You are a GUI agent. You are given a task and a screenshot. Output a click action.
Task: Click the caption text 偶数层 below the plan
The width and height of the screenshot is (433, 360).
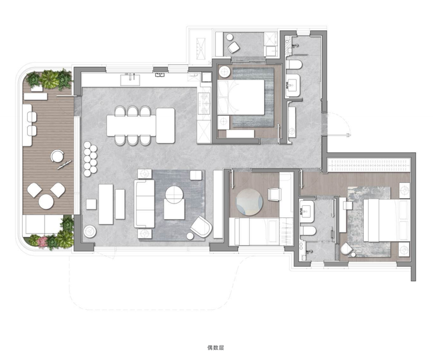click(215, 347)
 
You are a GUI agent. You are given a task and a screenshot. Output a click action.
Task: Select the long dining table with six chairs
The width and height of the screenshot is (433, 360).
click(132, 126)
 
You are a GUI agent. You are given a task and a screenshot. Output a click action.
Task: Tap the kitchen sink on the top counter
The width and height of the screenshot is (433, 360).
click(130, 79)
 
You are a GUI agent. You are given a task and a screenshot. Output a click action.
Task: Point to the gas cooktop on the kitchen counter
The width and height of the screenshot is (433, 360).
click(204, 104)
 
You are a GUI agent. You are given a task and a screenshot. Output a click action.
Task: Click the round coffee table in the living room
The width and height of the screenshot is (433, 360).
click(174, 194)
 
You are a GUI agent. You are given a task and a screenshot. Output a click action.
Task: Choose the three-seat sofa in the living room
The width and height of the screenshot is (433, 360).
click(144, 203)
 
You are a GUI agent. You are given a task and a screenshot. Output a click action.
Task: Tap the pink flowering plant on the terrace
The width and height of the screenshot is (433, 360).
click(43, 241)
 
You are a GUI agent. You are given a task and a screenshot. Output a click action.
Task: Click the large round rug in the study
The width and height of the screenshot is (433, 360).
click(250, 202)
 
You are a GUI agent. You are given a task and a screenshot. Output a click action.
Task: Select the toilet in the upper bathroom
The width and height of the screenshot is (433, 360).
click(294, 65)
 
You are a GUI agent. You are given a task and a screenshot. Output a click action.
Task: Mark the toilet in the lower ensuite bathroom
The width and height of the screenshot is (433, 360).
click(308, 231)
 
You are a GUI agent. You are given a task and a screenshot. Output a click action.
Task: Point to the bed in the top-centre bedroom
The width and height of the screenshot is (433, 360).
click(241, 98)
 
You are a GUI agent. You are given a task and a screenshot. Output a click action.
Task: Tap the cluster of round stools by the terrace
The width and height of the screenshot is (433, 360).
click(90, 159)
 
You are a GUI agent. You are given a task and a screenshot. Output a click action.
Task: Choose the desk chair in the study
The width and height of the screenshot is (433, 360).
click(274, 194)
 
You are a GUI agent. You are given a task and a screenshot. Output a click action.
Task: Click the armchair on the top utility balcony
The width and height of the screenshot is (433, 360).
click(234, 48)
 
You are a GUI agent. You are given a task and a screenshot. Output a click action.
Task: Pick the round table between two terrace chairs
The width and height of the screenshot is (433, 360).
click(46, 202)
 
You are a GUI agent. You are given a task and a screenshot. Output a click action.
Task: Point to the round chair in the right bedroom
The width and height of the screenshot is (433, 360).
click(346, 249)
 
